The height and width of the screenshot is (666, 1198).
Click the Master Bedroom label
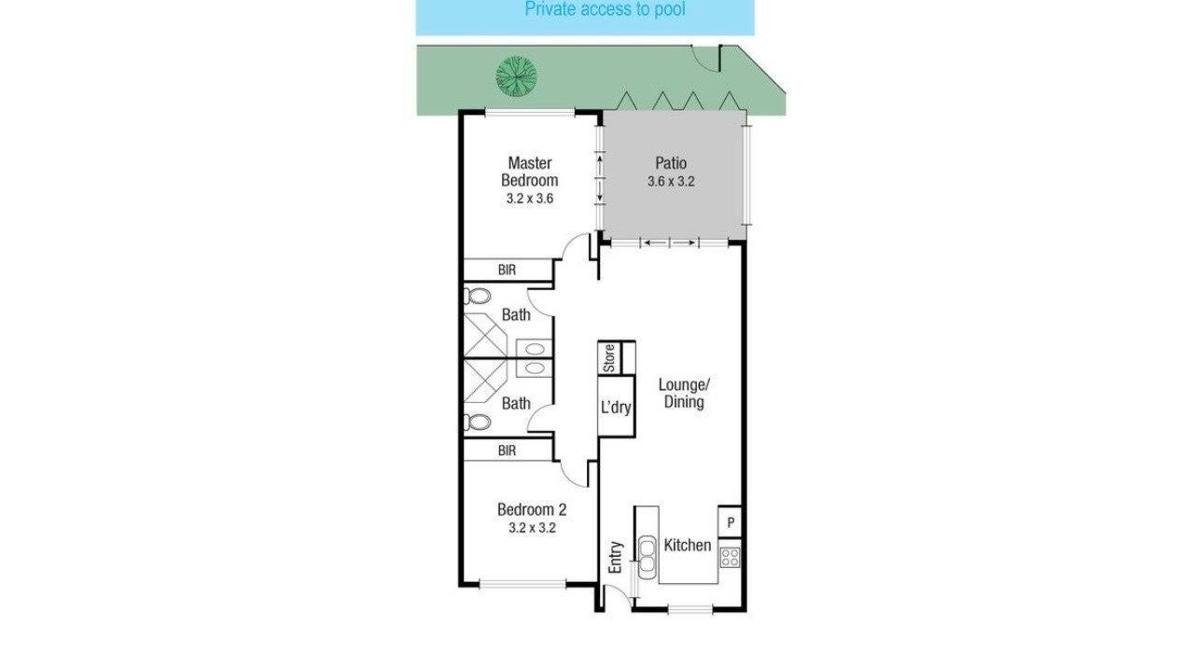(529, 172)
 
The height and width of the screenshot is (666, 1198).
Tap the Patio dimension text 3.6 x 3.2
(671, 181)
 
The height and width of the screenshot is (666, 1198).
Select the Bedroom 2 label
(532, 509)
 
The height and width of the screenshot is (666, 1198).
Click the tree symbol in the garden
(516, 76)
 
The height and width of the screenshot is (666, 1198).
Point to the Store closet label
(609, 358)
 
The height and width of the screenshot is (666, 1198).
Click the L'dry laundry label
(616, 408)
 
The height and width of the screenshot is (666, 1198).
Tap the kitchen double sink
(647, 554)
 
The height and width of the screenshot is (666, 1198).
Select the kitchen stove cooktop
(730, 558)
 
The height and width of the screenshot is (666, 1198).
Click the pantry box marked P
(730, 521)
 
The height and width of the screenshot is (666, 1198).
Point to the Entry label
(616, 558)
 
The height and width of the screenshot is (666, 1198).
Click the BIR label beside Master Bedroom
(507, 270)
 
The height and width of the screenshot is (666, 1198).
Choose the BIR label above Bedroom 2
(507, 451)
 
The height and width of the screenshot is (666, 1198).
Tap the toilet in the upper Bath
(478, 296)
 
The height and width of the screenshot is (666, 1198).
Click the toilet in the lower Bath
(478, 423)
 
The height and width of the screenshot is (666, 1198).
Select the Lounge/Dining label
(684, 394)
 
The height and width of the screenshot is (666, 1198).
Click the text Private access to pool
(605, 9)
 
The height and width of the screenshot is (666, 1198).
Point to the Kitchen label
(688, 545)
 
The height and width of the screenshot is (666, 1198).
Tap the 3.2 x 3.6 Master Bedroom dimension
(529, 199)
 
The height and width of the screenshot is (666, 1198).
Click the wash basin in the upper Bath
(535, 349)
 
